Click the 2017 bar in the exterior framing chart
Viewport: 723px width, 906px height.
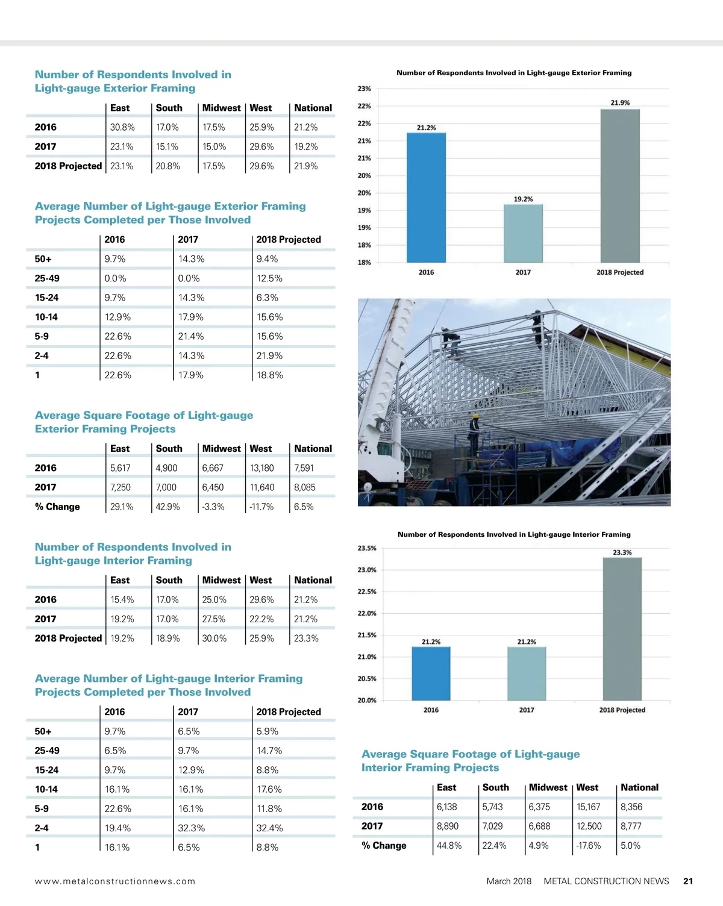523,233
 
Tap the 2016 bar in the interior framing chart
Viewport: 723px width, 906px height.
431,673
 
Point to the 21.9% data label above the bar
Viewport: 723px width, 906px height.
620,103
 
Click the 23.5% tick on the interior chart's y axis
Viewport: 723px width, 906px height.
367,548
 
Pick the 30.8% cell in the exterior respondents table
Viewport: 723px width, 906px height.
122,128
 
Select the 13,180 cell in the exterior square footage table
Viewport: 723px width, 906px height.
261,468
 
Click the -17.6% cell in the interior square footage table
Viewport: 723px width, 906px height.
589,846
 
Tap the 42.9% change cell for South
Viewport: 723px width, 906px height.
167,507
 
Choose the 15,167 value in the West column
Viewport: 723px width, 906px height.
588,807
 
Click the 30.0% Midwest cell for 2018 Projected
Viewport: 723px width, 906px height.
214,639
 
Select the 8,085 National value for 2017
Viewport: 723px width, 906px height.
305,487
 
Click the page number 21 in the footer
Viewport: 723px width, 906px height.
688,881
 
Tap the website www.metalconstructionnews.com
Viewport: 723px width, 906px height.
115,881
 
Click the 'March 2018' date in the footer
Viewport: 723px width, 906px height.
509,881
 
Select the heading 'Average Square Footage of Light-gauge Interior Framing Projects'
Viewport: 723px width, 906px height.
470,761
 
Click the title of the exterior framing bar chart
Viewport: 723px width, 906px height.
514,73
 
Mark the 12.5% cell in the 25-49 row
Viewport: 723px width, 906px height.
269,278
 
